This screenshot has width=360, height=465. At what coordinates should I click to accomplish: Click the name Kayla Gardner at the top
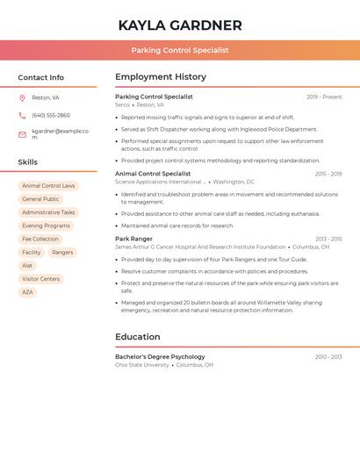click(x=180, y=25)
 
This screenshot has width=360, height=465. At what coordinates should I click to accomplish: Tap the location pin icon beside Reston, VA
click(x=22, y=97)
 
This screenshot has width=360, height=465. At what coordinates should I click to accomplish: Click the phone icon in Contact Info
click(x=22, y=115)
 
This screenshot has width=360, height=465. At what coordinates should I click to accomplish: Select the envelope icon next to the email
click(x=22, y=134)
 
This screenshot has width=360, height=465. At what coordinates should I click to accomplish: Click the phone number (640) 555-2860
click(x=51, y=115)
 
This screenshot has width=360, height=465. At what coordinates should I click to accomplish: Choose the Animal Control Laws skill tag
click(x=48, y=186)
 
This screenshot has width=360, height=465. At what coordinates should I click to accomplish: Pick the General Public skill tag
click(x=40, y=199)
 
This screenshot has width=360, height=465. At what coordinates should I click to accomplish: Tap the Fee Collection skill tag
click(x=40, y=239)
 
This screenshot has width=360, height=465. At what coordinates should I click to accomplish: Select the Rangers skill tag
click(x=62, y=252)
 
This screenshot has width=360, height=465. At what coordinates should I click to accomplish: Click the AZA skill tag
click(x=27, y=292)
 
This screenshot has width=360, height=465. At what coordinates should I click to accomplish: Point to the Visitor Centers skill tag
click(x=41, y=279)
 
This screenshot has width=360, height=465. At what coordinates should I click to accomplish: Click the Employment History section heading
click(x=161, y=77)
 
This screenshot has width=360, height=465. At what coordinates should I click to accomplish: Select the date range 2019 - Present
click(x=324, y=97)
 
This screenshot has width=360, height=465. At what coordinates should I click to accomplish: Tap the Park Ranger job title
click(x=133, y=239)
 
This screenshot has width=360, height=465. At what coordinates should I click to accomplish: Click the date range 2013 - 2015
click(x=328, y=239)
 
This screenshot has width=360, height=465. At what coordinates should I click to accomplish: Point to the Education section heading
click(x=138, y=337)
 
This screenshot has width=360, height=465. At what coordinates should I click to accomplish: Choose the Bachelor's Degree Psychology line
click(x=160, y=357)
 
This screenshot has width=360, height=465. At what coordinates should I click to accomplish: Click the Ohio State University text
click(x=142, y=365)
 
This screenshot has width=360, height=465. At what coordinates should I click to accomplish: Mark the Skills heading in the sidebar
click(x=28, y=162)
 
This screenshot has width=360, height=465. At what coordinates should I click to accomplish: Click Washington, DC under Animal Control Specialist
click(x=234, y=182)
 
